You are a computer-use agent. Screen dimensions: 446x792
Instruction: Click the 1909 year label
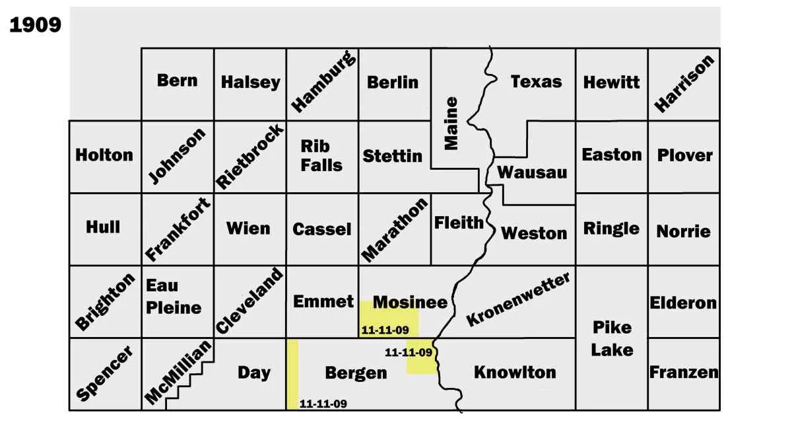click(x=35, y=25)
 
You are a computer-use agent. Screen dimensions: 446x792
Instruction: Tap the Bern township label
click(x=177, y=81)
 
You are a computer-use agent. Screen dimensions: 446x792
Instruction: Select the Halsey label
click(x=250, y=83)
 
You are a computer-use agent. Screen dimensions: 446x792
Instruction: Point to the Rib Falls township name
click(x=321, y=155)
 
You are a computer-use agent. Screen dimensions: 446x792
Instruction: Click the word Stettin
click(x=392, y=156)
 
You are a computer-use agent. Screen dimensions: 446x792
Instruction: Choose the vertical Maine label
click(x=451, y=124)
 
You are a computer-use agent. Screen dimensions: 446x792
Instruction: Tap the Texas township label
click(x=536, y=82)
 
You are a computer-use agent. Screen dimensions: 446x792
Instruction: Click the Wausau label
click(x=532, y=172)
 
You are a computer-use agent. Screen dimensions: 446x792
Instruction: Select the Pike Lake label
click(x=611, y=338)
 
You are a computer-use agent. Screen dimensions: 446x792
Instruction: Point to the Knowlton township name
click(x=515, y=373)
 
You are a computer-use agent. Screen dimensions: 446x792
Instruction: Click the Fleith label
click(x=459, y=223)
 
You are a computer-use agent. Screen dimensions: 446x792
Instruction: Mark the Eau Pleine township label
click(x=173, y=297)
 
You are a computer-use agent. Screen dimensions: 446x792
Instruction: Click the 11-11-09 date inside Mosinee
click(x=385, y=330)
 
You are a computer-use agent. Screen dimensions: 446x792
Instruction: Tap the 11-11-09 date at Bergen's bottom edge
click(x=323, y=404)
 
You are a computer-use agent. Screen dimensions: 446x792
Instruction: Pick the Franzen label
click(x=684, y=372)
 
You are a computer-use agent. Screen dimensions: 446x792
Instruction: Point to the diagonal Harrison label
click(x=684, y=83)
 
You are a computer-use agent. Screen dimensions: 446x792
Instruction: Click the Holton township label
click(x=104, y=155)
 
